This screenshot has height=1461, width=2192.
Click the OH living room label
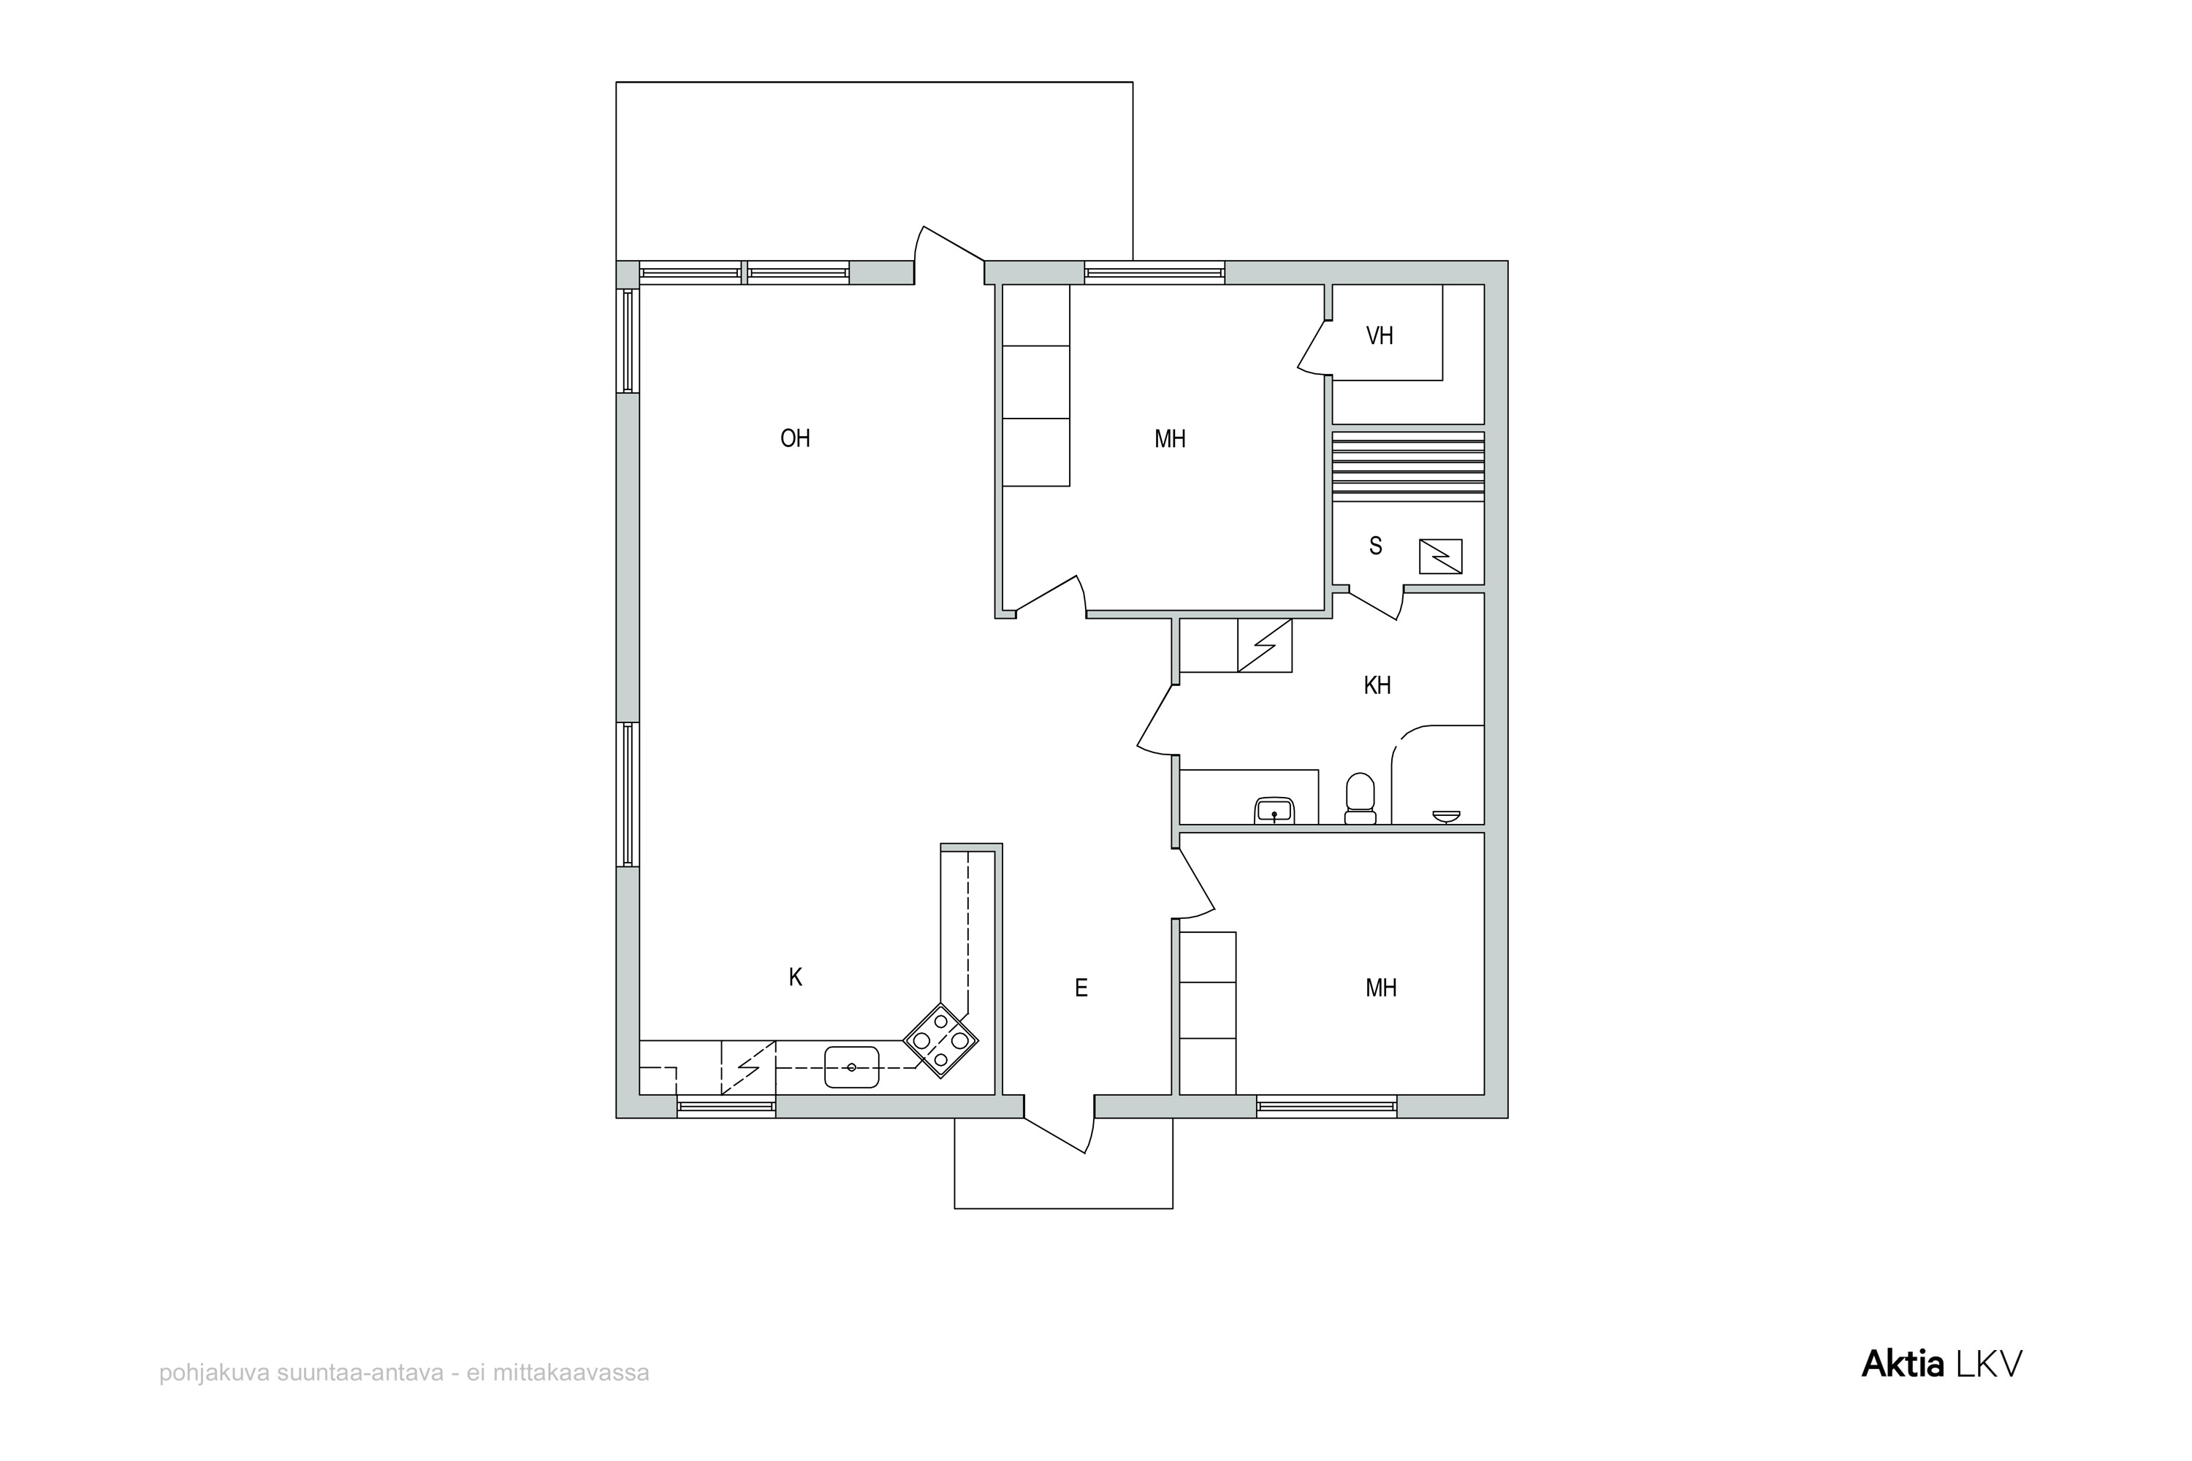(x=795, y=438)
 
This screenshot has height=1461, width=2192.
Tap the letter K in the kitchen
(x=795, y=977)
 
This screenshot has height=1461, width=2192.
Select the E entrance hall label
(x=1081, y=988)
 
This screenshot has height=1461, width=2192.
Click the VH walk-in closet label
(x=1379, y=335)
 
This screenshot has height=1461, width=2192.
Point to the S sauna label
(x=1376, y=546)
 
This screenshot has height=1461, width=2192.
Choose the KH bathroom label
(x=1377, y=686)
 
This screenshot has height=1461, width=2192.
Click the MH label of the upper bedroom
(x=1171, y=438)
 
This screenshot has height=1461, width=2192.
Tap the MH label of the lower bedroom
(x=1381, y=988)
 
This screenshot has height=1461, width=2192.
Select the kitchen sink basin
(x=852, y=1067)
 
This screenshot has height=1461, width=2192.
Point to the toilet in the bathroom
(x=1361, y=798)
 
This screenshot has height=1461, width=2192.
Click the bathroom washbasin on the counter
(x=1274, y=811)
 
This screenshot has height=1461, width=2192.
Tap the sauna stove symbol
(x=1441, y=556)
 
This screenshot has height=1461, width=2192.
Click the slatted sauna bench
(x=1408, y=467)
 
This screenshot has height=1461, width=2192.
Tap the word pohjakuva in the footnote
(x=213, y=1373)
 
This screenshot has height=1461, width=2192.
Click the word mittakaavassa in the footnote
(x=571, y=1373)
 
